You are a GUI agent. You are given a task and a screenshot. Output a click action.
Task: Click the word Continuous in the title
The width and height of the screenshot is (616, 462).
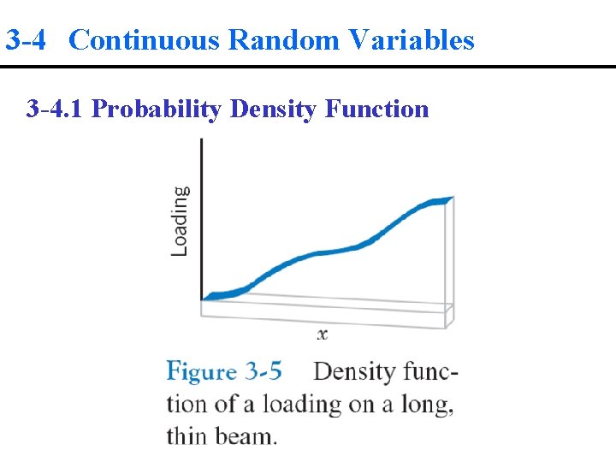(x=144, y=40)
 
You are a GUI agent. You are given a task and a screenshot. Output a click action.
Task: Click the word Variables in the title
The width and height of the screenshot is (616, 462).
(x=410, y=40)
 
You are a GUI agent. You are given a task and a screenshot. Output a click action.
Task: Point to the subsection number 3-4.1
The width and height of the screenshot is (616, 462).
(x=56, y=109)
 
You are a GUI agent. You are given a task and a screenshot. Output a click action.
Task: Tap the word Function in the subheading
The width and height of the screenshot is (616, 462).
(x=377, y=109)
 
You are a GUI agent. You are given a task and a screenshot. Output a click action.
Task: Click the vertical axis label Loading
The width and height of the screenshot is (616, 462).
(x=180, y=221)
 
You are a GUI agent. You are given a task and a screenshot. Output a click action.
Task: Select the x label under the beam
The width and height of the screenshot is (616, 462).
(x=323, y=335)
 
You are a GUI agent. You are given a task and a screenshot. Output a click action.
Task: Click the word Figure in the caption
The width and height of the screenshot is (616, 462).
(x=201, y=372)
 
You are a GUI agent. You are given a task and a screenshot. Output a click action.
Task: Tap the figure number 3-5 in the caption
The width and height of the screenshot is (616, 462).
(x=264, y=371)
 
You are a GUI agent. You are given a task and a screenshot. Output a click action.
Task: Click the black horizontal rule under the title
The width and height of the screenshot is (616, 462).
(x=308, y=67)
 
